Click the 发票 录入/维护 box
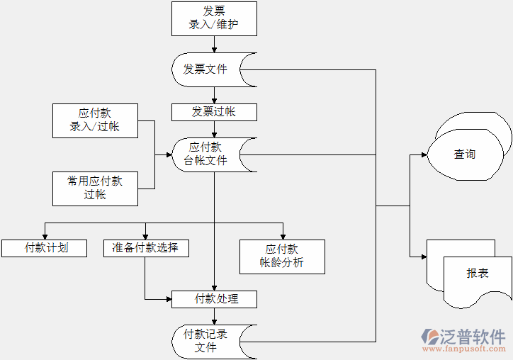[x=214, y=18]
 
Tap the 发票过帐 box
[x=214, y=112]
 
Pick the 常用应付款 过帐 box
[x=95, y=188]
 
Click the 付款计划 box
[x=45, y=248]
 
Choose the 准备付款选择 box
[x=145, y=248]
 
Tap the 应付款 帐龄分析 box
[x=282, y=257]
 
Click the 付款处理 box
[x=214, y=299]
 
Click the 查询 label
[x=465, y=154]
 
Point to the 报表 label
[x=477, y=274]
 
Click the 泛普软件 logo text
[x=473, y=335]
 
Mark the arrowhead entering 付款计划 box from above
[x=45, y=236]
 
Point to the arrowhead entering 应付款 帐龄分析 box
[x=283, y=236]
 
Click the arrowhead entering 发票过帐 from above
[x=214, y=100]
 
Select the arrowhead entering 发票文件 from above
[x=214, y=48]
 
